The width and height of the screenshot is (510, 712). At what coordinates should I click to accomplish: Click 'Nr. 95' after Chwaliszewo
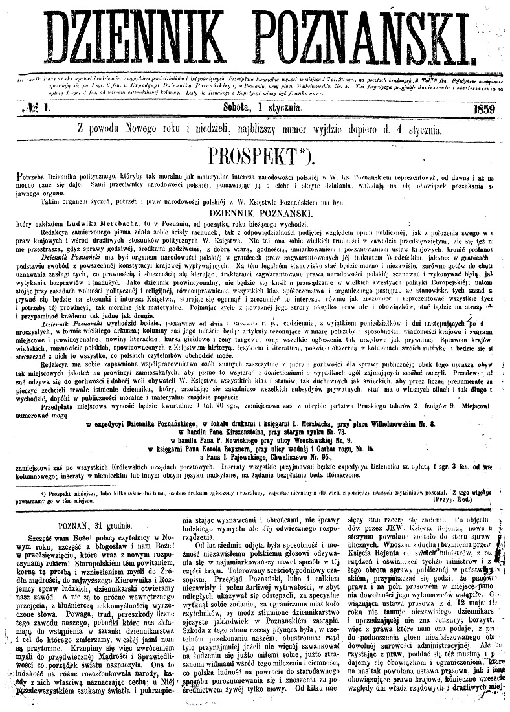click(318, 455)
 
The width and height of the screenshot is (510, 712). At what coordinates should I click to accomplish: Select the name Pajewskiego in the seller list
click(248, 455)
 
